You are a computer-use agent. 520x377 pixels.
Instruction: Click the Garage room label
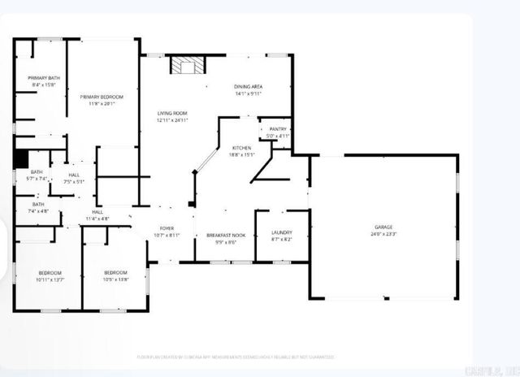coord(383,227)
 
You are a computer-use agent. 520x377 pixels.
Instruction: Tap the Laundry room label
coord(281,232)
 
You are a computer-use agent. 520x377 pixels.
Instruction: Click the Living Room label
coord(172,113)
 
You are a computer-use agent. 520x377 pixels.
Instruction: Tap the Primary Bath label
coord(44,78)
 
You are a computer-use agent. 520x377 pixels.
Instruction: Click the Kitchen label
coord(242,147)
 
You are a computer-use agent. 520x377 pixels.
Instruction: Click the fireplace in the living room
coord(187,65)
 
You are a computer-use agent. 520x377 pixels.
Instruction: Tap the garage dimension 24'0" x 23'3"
coord(383,234)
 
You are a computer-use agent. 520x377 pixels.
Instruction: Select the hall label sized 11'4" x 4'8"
coord(97,218)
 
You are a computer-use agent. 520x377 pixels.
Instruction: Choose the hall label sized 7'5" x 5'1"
coord(74,181)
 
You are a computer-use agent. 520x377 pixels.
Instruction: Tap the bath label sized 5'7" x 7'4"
coord(37,178)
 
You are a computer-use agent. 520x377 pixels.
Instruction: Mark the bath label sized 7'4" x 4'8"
coord(38,210)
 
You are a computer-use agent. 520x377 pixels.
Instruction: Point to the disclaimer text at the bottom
coord(236,357)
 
